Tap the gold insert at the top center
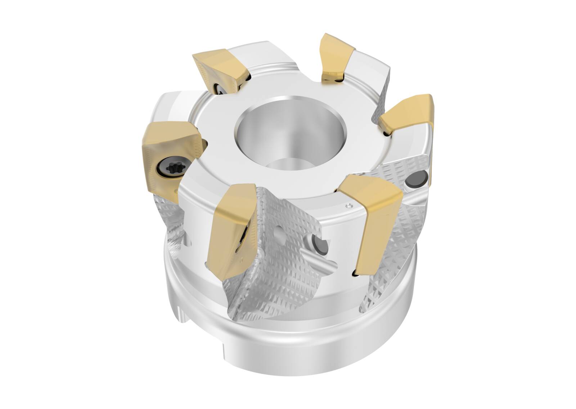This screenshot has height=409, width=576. pos(335,57)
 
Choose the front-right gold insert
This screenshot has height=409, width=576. pos(374,216)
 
